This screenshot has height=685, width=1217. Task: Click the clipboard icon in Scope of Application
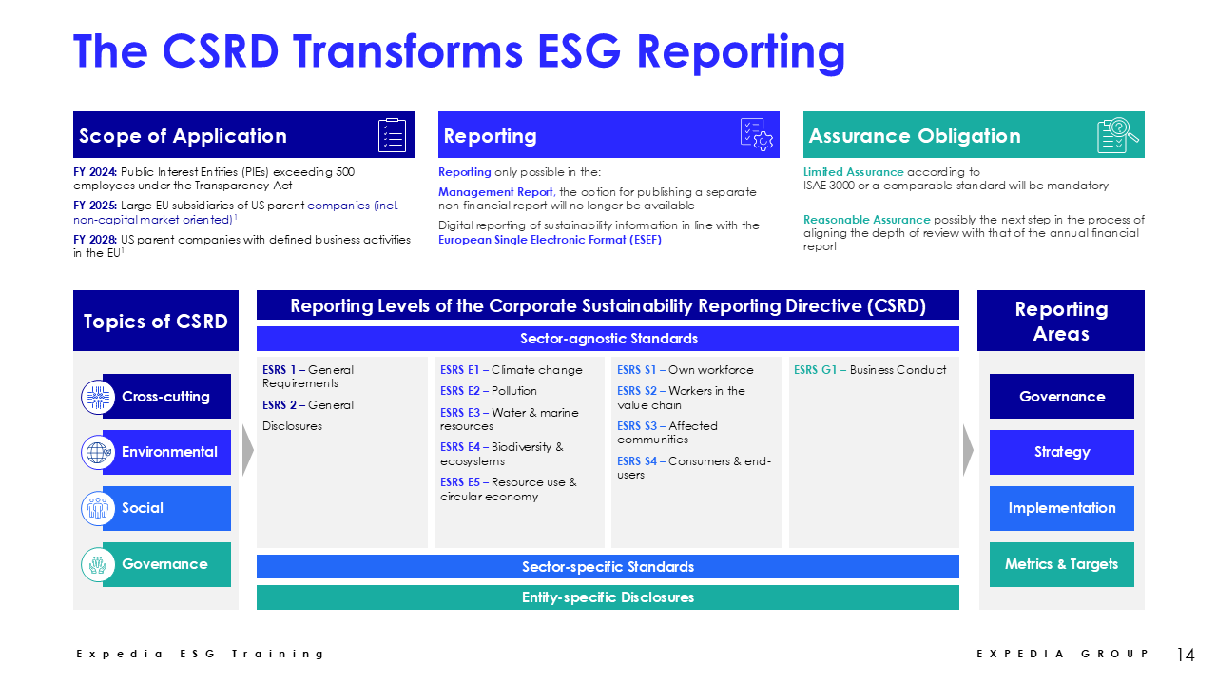pyautogui.click(x=392, y=135)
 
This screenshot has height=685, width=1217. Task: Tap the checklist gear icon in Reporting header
pyautogui.click(x=756, y=135)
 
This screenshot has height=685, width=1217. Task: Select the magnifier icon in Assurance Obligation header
pyautogui.click(x=1117, y=135)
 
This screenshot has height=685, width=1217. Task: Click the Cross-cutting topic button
pyautogui.click(x=166, y=397)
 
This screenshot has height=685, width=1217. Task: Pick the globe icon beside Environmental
pyautogui.click(x=98, y=452)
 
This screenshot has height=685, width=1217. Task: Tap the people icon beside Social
pyautogui.click(x=98, y=508)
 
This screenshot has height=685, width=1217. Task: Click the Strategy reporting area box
pyautogui.click(x=1062, y=452)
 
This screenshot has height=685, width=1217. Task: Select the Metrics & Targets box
pyautogui.click(x=1062, y=564)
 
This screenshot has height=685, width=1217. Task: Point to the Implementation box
pyautogui.click(x=1062, y=508)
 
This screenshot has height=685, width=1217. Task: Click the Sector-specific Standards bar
pyautogui.click(x=608, y=566)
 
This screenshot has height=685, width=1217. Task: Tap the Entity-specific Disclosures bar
pyautogui.click(x=608, y=597)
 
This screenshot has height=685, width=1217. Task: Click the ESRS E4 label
pyautogui.click(x=460, y=447)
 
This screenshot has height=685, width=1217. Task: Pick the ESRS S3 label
pyautogui.click(x=637, y=425)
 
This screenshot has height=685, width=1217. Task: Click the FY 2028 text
pyautogui.click(x=94, y=239)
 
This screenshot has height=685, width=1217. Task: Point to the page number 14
pyautogui.click(x=1186, y=654)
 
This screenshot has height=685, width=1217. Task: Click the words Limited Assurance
pyautogui.click(x=853, y=172)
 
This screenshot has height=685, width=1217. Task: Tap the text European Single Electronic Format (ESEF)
pyautogui.click(x=550, y=240)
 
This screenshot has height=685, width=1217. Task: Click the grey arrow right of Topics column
pyautogui.click(x=248, y=450)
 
